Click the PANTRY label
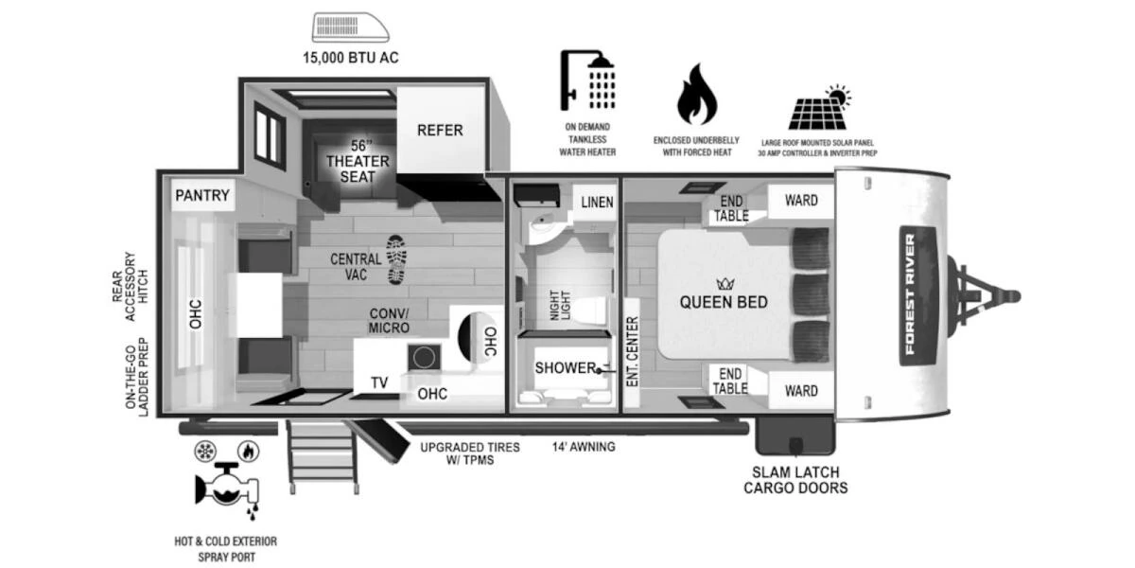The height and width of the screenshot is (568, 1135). point(202,196)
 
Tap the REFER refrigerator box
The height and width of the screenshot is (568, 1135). point(440,130)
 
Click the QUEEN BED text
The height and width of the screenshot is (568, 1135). point(724,303)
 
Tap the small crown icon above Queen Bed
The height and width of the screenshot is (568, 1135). point(726,283)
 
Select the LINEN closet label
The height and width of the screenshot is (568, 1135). point(597,202)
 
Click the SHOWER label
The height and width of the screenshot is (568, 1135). point(565,367)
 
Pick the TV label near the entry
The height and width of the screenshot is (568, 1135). point(379,382)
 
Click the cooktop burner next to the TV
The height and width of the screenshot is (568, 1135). point(423,357)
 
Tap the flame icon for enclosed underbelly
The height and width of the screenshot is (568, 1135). point(696,95)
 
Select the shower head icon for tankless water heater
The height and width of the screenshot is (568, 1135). point(586,80)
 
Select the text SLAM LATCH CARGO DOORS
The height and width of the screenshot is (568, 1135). point(794,480)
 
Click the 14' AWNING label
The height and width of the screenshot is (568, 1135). point(584,446)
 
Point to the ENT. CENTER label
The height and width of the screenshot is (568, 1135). point(632,349)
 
